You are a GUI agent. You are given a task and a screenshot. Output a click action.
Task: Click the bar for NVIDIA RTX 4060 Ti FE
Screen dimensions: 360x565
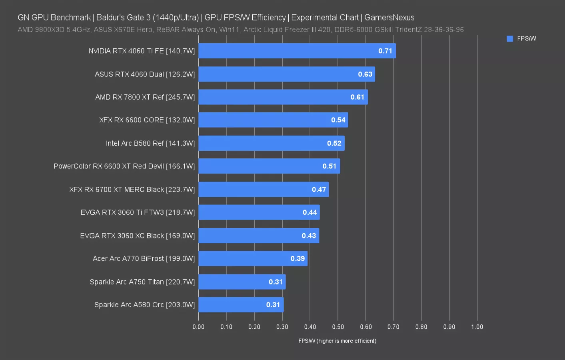(x=297, y=51)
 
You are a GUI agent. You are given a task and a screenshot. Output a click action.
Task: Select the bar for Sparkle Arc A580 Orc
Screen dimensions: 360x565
(x=241, y=305)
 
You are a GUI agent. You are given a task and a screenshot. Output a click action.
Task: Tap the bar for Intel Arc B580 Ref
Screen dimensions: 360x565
(x=271, y=143)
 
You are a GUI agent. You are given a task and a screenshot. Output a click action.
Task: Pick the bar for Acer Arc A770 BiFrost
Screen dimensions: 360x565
(x=253, y=258)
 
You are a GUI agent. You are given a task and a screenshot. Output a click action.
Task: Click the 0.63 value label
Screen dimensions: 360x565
(x=365, y=74)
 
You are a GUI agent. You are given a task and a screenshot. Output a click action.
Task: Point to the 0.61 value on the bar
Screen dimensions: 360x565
(x=357, y=97)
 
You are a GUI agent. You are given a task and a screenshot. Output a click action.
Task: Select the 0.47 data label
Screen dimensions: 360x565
(x=319, y=190)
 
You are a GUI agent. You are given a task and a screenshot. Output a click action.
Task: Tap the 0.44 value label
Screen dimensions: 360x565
(x=310, y=212)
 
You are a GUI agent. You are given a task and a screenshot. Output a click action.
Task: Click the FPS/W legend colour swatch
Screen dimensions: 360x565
(x=510, y=39)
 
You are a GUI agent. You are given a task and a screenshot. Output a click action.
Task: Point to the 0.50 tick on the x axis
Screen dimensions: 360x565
(x=338, y=327)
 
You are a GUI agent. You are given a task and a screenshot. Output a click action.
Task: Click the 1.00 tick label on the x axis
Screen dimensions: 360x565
(x=477, y=327)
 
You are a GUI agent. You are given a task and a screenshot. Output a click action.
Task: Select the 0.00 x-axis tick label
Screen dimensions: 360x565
(x=198, y=327)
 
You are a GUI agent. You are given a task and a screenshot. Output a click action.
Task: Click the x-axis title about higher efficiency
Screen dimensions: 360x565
(x=337, y=341)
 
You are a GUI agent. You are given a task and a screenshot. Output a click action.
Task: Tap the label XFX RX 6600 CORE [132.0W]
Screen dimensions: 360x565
(x=147, y=120)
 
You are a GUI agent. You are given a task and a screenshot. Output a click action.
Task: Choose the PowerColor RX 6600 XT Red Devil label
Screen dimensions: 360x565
(x=124, y=166)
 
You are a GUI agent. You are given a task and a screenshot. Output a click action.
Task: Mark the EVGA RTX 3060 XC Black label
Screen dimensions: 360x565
(x=138, y=236)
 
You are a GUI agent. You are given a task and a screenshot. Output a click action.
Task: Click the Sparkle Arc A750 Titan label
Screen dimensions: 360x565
(x=142, y=282)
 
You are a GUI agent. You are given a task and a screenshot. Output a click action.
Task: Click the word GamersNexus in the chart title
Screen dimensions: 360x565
(x=389, y=18)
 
